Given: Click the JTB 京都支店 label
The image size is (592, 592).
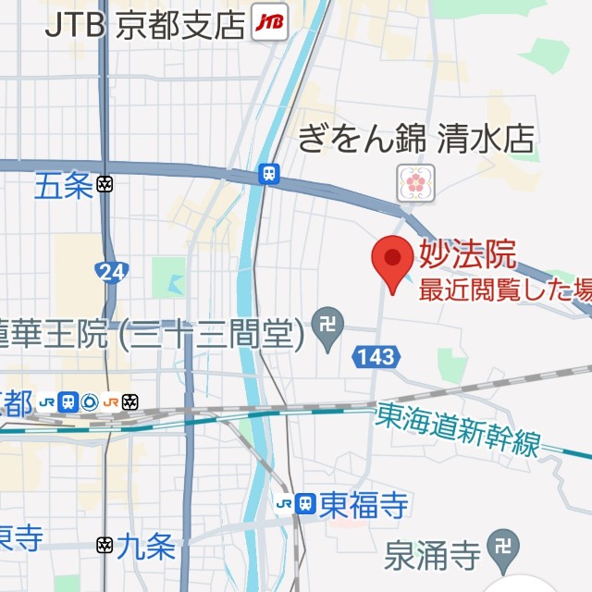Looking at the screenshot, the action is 147,22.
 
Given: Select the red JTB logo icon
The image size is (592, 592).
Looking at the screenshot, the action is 270,22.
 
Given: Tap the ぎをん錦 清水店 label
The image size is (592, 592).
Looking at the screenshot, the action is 416,140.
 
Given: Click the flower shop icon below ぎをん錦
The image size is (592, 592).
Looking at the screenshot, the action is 415,182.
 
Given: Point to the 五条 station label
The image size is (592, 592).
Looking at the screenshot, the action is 64,187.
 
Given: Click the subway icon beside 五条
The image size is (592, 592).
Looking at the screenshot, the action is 105,185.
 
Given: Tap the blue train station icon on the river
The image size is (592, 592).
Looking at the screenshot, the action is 269,174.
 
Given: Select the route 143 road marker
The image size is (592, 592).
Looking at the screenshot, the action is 376,356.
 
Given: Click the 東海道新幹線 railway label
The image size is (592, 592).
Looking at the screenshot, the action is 459,431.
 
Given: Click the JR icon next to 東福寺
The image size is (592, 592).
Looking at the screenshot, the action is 295,504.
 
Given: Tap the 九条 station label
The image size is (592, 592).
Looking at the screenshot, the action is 148,548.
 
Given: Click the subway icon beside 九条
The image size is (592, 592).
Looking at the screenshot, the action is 105,546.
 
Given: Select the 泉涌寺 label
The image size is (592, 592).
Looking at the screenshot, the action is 433,557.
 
